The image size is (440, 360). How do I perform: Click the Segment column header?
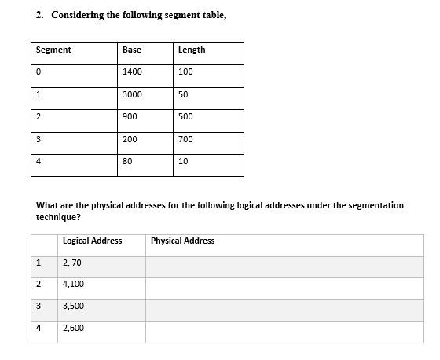(x=53, y=50)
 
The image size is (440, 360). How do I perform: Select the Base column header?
(x=131, y=50)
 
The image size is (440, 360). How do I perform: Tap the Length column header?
(x=192, y=50)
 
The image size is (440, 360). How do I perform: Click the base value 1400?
(x=132, y=72)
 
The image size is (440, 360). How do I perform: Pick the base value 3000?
(x=132, y=94)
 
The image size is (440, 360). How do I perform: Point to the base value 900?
(x=130, y=116)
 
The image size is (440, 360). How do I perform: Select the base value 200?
(x=130, y=139)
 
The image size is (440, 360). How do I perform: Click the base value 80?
(x=127, y=161)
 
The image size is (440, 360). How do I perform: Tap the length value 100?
(x=185, y=72)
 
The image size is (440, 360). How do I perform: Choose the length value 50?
(x=183, y=94)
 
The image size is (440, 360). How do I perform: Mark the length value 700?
(x=185, y=139)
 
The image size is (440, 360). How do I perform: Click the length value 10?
(x=183, y=161)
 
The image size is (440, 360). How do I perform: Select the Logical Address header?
(x=92, y=241)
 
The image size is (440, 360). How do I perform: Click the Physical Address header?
(x=182, y=241)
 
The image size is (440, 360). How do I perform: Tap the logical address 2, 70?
(x=71, y=263)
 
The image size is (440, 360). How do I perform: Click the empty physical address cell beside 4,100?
(x=284, y=285)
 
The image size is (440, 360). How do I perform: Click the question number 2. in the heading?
(x=40, y=15)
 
